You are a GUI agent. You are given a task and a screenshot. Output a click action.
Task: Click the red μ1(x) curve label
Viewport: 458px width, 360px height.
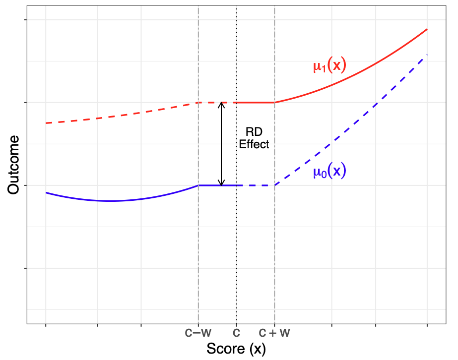pyautogui.click(x=329, y=66)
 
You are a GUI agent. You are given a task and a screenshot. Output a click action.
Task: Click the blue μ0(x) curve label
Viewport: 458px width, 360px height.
pyautogui.click(x=329, y=172)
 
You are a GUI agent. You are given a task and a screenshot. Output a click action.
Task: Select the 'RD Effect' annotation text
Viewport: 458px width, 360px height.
pyautogui.click(x=254, y=138)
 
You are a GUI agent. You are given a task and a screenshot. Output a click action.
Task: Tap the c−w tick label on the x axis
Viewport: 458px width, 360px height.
pyautogui.click(x=198, y=333)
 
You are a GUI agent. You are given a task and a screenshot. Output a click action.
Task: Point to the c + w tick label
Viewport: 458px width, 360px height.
pyautogui.click(x=274, y=333)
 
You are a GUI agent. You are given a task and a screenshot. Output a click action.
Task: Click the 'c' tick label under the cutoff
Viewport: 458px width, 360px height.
pyautogui.click(x=237, y=333)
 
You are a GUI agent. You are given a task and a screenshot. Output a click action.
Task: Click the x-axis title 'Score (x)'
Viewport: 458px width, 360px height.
pyautogui.click(x=236, y=349)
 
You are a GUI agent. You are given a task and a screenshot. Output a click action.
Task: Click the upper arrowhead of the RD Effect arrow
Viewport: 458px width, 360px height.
pyautogui.click(x=222, y=104)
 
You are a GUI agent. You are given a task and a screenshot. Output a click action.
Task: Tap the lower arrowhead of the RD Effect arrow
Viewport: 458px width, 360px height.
pyautogui.click(x=222, y=183)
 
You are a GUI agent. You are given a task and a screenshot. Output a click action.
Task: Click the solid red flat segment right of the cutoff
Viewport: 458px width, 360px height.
pyautogui.click(x=256, y=103)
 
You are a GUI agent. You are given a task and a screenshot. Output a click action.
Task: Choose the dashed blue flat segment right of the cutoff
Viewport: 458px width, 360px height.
pyautogui.click(x=258, y=185)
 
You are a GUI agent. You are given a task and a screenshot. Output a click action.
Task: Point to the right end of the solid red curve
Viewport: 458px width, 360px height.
pyautogui.click(x=427, y=30)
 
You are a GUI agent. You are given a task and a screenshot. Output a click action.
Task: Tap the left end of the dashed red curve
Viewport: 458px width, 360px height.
pyautogui.click(x=46, y=123)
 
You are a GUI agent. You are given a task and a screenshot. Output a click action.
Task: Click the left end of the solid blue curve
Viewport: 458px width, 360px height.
pyautogui.click(x=46, y=192)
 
